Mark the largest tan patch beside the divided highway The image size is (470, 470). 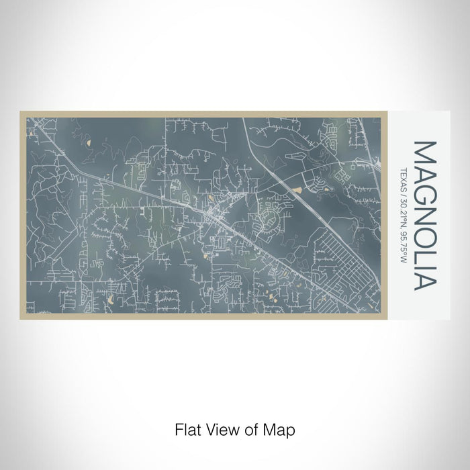tap(297, 190)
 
